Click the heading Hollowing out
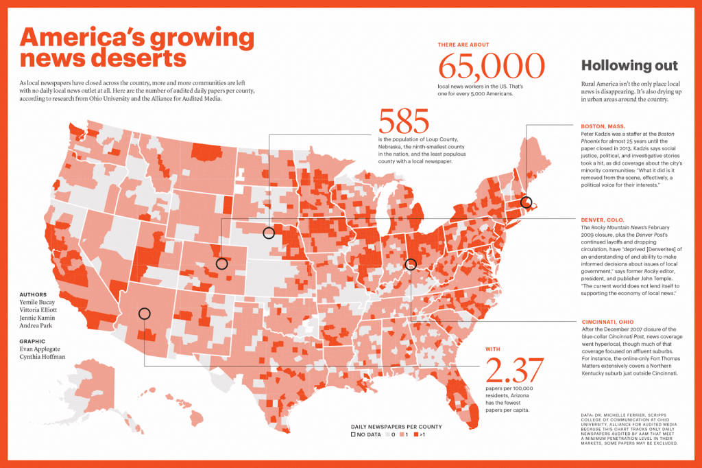[629, 66]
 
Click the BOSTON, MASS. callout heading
[603, 126]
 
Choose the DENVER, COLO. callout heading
[603, 220]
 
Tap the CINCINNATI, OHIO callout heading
[607, 322]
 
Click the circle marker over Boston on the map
[526, 202]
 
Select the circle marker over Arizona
[144, 314]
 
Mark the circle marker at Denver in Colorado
[221, 264]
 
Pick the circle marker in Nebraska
[269, 233]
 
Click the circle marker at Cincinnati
[411, 264]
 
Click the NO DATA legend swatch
[354, 434]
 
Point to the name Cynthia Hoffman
[43, 357]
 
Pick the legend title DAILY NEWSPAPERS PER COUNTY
[396, 426]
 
